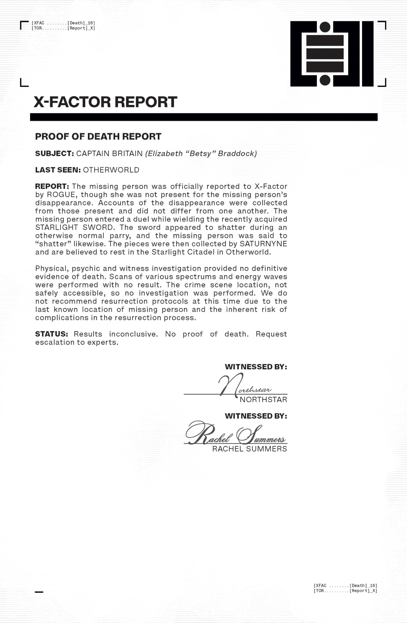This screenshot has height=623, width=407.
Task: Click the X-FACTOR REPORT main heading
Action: [x=105, y=102]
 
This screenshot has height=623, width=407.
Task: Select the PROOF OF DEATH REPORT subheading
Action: [x=98, y=136]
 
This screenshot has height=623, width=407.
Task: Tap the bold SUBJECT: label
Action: [x=54, y=154]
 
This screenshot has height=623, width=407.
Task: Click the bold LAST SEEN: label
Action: [x=58, y=170]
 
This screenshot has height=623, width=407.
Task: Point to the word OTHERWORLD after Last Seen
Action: [x=111, y=170]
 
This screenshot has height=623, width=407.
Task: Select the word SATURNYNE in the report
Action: [x=263, y=244]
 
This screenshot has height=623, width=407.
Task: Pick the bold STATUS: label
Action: [x=51, y=334]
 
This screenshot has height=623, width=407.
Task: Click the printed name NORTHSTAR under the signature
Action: [x=263, y=399]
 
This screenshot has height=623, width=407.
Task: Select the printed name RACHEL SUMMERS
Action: [x=249, y=449]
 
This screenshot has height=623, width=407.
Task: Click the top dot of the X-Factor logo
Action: [x=325, y=27]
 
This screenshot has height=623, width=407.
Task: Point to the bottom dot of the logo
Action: [x=325, y=80]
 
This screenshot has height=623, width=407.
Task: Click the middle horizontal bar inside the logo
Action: [x=325, y=54]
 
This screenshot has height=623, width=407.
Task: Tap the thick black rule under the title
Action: [x=204, y=117]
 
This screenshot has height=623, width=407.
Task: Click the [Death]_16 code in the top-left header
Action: [x=81, y=23]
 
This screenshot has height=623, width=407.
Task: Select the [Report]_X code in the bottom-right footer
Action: [x=363, y=591]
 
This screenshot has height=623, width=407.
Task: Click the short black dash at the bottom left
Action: [x=39, y=592]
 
